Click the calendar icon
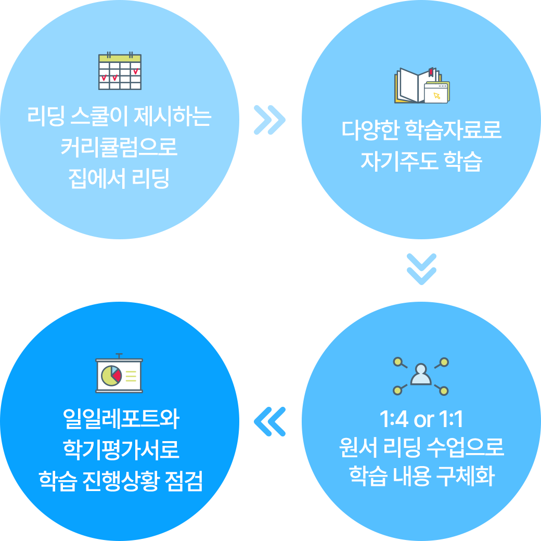[x=120, y=71]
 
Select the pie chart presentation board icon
[x=119, y=374]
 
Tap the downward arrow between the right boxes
[x=421, y=269]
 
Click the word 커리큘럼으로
[x=119, y=147]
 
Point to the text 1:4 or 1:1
[x=421, y=419]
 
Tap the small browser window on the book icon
[x=436, y=93]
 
